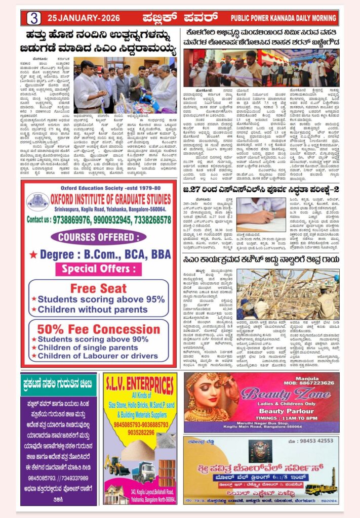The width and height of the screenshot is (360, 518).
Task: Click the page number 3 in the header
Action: click(34, 18)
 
